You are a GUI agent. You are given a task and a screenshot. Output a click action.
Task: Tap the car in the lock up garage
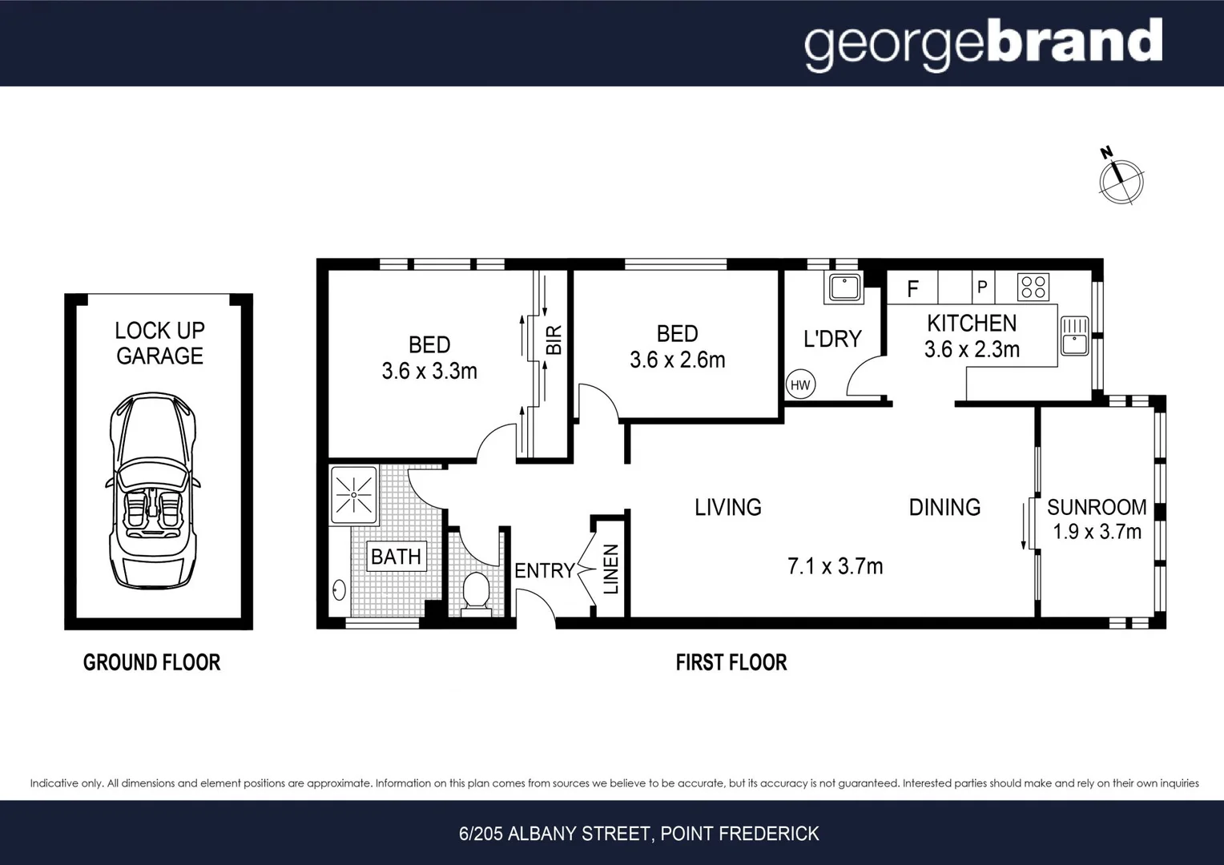(x=152, y=490)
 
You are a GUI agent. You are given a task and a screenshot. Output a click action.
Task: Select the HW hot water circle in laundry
(x=800, y=384)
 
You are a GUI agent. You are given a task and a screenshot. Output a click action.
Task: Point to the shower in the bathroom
(x=353, y=495)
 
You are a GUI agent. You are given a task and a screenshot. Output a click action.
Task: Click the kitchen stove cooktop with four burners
(x=1033, y=287)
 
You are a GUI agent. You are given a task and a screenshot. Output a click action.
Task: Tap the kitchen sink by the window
(x=1073, y=336)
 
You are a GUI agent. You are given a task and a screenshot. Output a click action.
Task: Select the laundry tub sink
(x=844, y=288)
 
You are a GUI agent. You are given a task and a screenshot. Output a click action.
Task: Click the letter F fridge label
(x=912, y=289)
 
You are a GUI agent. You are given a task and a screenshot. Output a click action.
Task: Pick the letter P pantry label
(x=982, y=288)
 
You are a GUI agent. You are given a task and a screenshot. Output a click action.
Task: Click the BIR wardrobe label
(x=554, y=340)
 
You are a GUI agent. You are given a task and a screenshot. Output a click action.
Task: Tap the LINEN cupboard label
(x=611, y=569)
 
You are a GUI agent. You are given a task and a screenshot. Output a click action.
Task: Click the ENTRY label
(x=545, y=570)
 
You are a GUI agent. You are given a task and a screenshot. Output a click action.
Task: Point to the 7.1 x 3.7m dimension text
(x=835, y=566)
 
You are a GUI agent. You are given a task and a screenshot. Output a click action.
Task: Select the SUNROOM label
(x=1097, y=507)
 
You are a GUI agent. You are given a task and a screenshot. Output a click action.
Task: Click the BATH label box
(x=396, y=556)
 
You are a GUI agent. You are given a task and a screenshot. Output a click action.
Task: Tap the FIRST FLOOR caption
(x=731, y=662)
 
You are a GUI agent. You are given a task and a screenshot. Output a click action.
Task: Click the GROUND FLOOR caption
(x=151, y=662)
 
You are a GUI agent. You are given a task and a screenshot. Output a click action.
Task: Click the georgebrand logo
(x=983, y=44)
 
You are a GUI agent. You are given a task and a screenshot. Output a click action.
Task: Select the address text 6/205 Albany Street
(x=638, y=834)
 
